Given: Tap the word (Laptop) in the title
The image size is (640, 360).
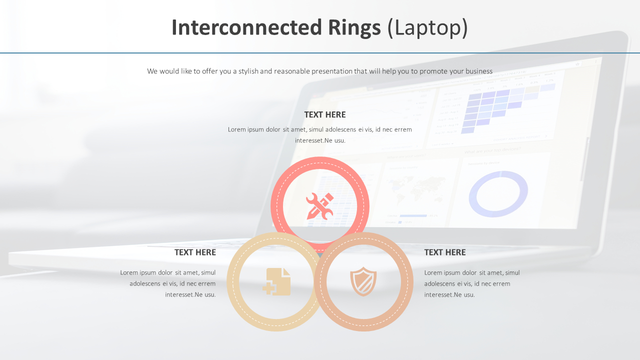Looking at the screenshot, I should pyautogui.click(x=428, y=28).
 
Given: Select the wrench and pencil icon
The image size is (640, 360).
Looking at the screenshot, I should pyautogui.click(x=319, y=206).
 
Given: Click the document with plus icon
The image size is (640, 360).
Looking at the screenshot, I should pyautogui.click(x=277, y=281).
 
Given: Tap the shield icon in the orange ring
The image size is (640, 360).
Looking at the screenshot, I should pyautogui.click(x=363, y=281).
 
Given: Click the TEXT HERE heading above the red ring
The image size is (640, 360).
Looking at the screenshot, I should pyautogui.click(x=324, y=114).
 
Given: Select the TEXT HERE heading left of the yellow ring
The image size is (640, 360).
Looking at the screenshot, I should pyautogui.click(x=195, y=252).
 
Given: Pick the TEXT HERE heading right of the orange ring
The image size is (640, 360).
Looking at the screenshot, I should pyautogui.click(x=444, y=252).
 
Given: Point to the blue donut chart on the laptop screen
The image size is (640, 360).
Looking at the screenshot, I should pyautogui.click(x=498, y=194).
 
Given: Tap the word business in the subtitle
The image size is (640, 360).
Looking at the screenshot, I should pyautogui.click(x=478, y=71).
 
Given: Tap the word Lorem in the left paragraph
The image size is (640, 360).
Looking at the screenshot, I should pyautogui.click(x=129, y=272).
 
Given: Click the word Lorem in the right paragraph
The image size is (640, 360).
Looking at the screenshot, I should pyautogui.click(x=433, y=272).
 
